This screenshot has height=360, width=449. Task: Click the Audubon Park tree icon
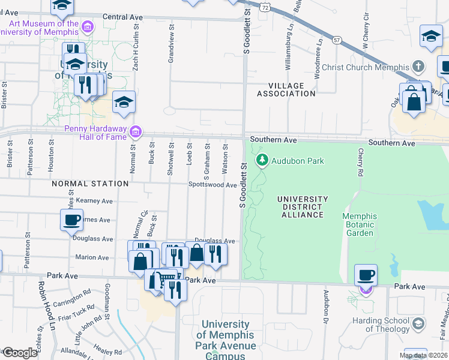[262, 160]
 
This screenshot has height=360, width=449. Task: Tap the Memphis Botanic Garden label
[360, 224]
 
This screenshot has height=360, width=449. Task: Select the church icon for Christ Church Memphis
[418, 67]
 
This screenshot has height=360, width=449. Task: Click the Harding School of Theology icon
[418, 324]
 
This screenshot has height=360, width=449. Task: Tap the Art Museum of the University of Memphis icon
[88, 27]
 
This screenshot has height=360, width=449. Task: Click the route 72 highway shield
[265, 7]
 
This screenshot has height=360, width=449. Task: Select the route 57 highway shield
[337, 40]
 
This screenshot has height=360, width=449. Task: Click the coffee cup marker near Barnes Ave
[72, 220]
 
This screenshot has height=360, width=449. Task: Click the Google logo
[20, 353]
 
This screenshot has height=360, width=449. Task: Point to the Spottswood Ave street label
[212, 185]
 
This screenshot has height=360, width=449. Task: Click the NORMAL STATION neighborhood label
[90, 184]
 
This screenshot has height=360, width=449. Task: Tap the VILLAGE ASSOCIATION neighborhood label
[286, 89]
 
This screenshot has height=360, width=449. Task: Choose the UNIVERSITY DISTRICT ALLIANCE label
[303, 207]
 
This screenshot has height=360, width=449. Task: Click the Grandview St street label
[171, 44]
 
